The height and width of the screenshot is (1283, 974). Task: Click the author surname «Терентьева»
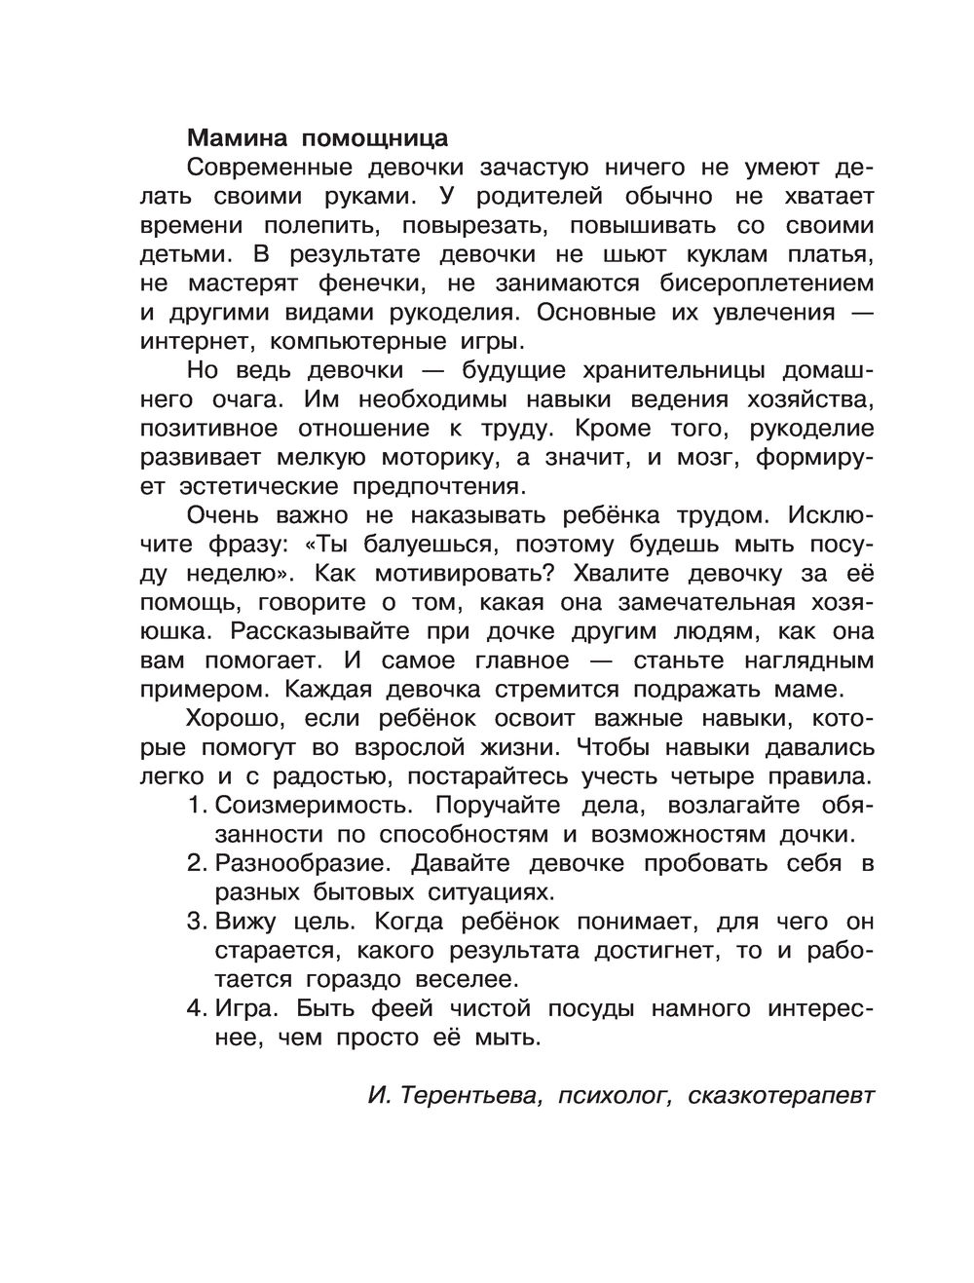[x=468, y=1095]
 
